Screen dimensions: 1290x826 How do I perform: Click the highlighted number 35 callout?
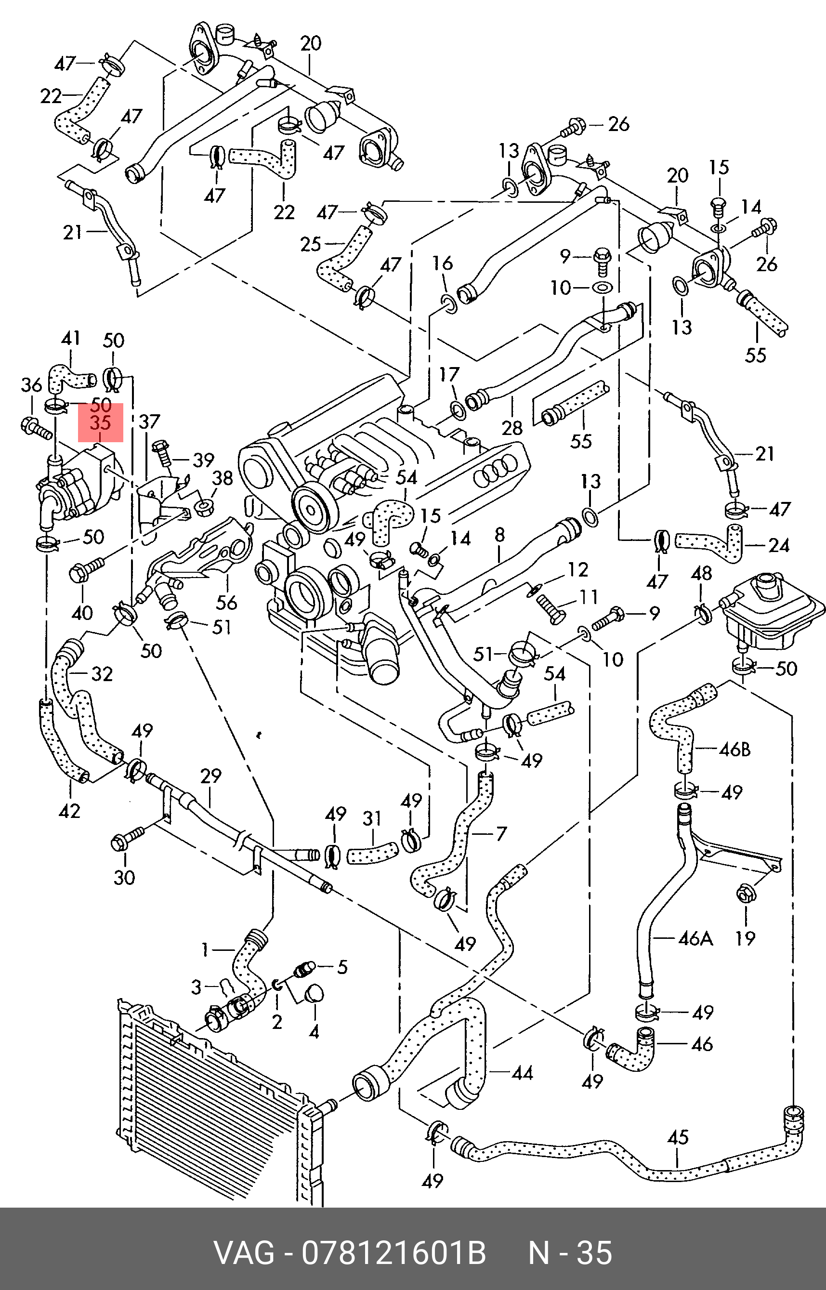[100, 422]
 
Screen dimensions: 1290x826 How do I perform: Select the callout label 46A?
[695, 938]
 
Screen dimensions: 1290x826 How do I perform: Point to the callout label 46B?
[734, 750]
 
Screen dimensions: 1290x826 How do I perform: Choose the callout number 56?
[226, 602]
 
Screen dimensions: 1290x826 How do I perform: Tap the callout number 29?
[211, 776]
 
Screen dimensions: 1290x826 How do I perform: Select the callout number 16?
[443, 263]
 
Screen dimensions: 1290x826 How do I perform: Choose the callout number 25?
[311, 245]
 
